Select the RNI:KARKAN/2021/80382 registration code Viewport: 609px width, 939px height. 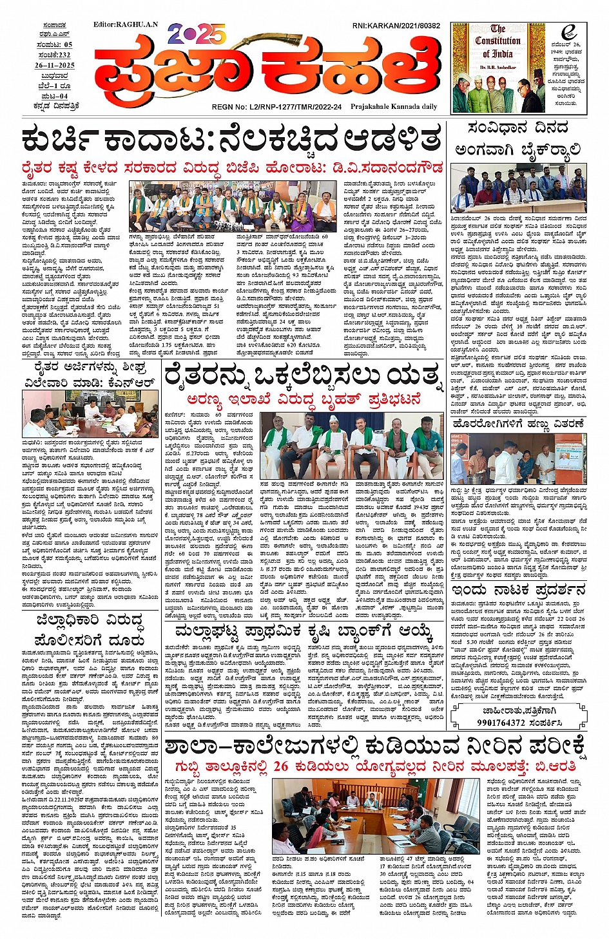pos(396,26)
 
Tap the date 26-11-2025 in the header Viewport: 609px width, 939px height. pos(55,66)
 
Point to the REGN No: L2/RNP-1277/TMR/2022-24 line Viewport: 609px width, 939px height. pos(276,107)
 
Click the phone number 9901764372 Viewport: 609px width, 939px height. pos(509,723)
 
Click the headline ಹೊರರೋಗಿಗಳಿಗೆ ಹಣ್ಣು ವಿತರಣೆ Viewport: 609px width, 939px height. pos(518,424)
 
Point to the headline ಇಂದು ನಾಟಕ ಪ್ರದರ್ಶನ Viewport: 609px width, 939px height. pos(518,591)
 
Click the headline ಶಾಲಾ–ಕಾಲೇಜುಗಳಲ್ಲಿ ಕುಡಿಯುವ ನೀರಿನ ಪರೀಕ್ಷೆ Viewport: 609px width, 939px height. pos(375,747)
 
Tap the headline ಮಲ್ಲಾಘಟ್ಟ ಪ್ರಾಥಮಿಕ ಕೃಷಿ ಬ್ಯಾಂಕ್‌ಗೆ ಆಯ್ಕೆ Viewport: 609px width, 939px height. pos(303,632)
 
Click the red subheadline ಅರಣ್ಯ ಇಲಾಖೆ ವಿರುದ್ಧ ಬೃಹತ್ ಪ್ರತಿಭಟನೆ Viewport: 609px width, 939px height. pos(304,399)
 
